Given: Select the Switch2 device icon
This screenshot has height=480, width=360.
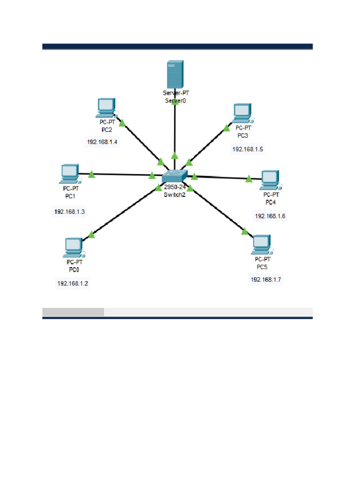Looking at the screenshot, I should point(174,176).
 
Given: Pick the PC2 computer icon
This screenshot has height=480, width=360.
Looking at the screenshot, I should point(106,108).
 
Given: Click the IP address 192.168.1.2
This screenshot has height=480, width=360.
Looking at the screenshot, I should point(73,283).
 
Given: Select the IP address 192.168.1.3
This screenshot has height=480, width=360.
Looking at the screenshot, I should point(69,212).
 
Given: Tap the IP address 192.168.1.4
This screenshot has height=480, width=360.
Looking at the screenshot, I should point(102,142).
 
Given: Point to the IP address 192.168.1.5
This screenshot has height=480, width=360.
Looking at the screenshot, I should point(248,149).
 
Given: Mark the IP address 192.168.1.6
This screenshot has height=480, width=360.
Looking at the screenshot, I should point(270,216).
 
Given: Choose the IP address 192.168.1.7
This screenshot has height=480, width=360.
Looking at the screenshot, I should point(266,279).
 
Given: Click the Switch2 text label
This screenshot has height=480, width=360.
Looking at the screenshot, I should point(174,195).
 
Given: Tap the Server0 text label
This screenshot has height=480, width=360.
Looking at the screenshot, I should point(175,100).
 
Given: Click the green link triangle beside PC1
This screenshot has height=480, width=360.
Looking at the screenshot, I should point(92,174).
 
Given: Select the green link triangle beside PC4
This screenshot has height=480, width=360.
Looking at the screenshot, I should point(249,178).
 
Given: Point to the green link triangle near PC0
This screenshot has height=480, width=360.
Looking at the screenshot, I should point(91,234).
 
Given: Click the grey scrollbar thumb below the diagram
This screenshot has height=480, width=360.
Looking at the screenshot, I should point(73,312).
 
